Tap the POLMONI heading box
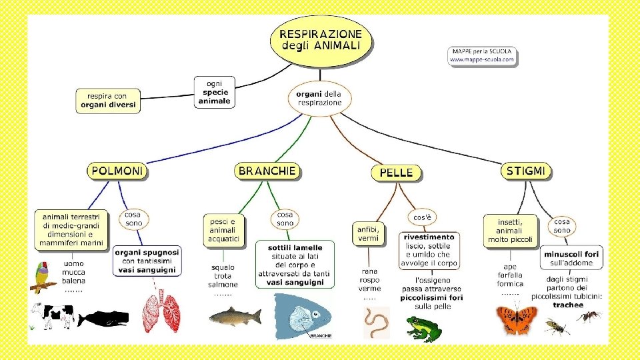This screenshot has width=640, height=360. coord(117,171)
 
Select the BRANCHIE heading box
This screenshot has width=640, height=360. coord(267,171)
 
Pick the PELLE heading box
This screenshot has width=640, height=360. coord(396,173)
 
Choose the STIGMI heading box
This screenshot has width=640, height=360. coord(526,171)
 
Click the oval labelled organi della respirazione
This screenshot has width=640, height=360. coord(320,99)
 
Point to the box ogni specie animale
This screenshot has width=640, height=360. coord(214,92)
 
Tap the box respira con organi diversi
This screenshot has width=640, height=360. coord(108,101)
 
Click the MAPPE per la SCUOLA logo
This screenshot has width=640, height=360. coord(482,55)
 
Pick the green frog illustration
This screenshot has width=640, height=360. coord(423,327)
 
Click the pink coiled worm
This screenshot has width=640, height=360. coord(376,323)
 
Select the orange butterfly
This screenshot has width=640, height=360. coord(516,319)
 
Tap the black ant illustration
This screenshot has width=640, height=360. coord(589,315)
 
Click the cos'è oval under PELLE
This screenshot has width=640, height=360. coord(421,217)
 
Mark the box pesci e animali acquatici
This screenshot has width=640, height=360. coord(223,230)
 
